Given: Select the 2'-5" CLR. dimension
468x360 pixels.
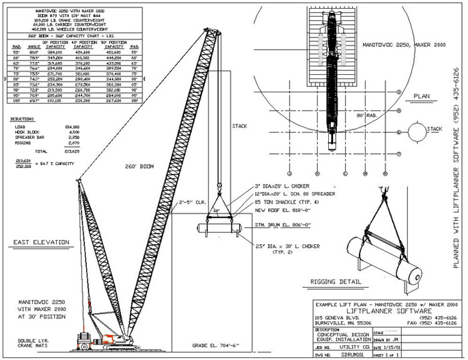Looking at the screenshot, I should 191,200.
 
